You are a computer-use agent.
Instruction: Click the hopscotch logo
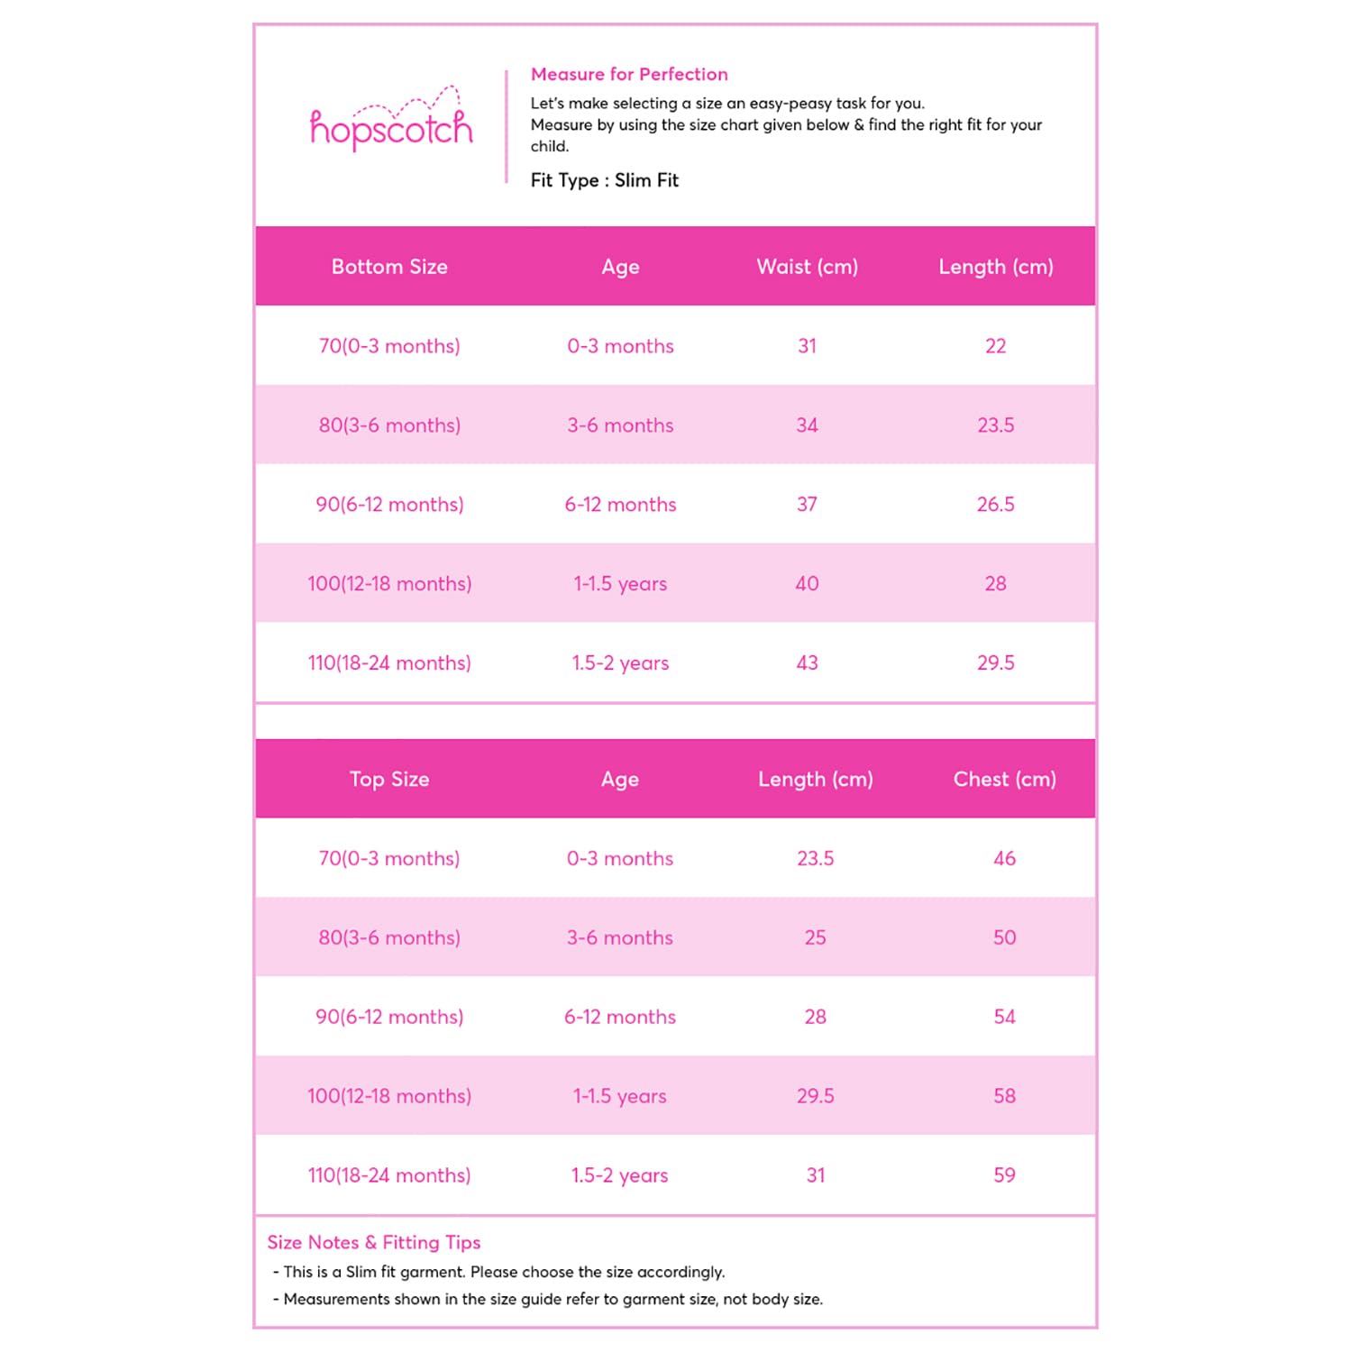(x=391, y=126)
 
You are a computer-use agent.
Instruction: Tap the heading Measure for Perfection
(x=629, y=75)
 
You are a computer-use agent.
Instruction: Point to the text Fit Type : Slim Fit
(x=604, y=180)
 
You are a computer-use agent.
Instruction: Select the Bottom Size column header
(x=389, y=267)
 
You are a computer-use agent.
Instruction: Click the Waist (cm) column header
(x=807, y=267)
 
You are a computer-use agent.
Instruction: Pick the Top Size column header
(x=389, y=780)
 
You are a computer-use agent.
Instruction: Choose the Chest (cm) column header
(x=1004, y=780)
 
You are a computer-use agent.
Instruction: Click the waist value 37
(x=807, y=505)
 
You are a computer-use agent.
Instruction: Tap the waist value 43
(x=807, y=663)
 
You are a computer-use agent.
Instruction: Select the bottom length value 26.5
(x=995, y=505)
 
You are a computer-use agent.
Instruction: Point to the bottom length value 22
(x=995, y=346)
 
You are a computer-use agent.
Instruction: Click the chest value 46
(x=1004, y=859)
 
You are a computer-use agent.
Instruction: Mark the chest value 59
(x=1004, y=1175)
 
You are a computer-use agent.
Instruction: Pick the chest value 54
(x=1004, y=1018)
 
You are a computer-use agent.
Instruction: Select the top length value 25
(x=815, y=938)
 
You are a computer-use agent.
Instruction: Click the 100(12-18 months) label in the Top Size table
(x=389, y=1097)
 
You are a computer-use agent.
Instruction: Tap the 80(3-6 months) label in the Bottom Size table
(x=389, y=425)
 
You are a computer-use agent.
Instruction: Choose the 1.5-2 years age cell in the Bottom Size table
(x=620, y=663)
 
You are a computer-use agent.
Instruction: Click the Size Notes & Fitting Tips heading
(x=374, y=1243)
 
